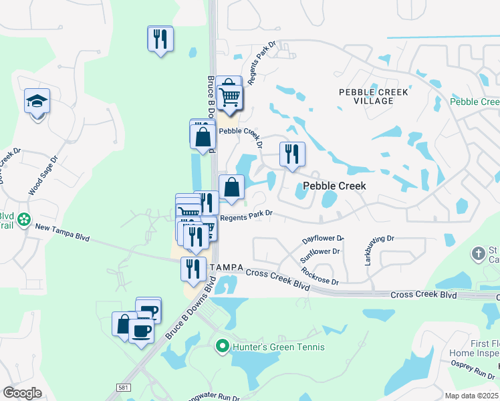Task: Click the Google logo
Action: [22, 393]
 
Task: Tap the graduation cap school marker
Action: [37, 102]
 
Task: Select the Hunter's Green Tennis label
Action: [278, 347]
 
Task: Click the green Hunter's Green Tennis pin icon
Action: [223, 347]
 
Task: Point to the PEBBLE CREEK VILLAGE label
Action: [366, 96]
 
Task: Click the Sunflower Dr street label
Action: [321, 253]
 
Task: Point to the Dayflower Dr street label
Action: [322, 238]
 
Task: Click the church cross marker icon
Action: [478, 253]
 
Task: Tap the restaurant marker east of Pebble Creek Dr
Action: [292, 154]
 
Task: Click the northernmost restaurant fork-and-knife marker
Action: [160, 39]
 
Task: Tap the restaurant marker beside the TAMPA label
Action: [193, 269]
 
